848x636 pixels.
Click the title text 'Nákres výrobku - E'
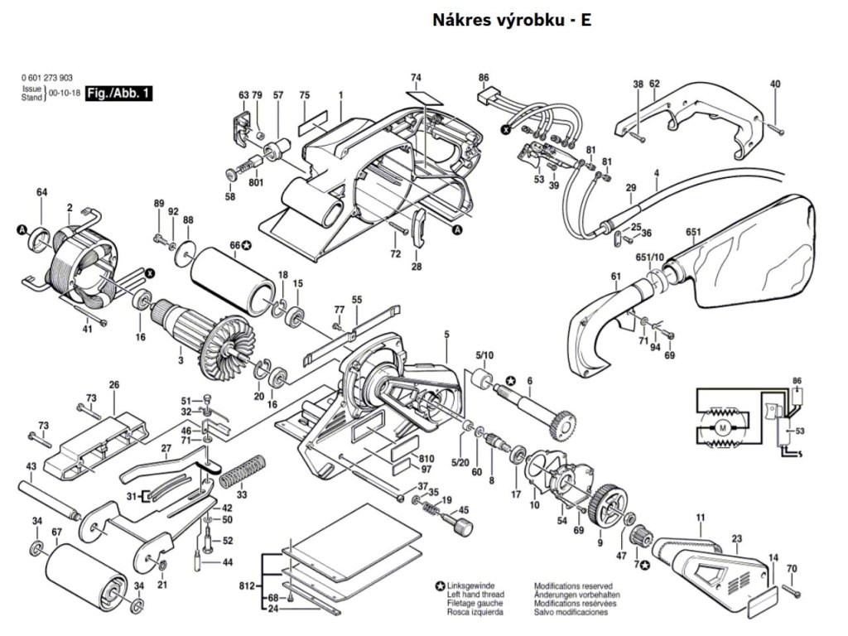tap(511, 19)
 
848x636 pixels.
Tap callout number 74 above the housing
tap(416, 78)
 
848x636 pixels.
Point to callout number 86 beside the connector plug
tap(484, 78)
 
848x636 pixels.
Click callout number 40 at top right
tap(775, 84)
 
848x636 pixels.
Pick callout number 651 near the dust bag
tap(693, 233)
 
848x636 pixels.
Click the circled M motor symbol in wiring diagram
tap(722, 427)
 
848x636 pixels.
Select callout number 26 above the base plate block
tap(114, 384)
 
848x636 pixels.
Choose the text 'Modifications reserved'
tap(571, 585)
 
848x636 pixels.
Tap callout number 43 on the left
tap(31, 467)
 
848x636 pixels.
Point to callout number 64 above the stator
tap(41, 193)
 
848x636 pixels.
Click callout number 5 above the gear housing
tap(446, 334)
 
